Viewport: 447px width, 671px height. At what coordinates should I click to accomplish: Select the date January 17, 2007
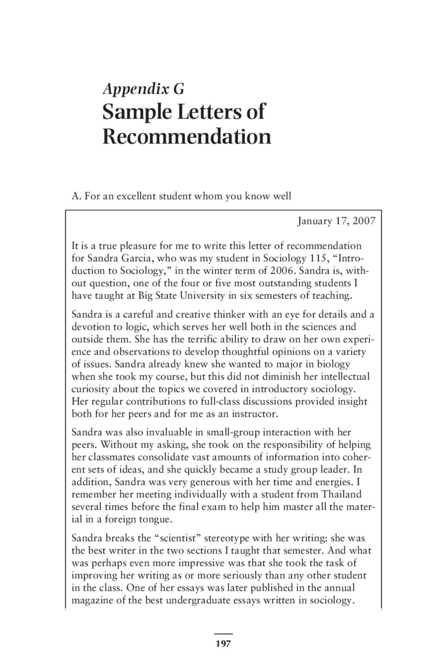[x=336, y=221]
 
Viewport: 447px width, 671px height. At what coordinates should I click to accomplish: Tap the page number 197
[x=223, y=643]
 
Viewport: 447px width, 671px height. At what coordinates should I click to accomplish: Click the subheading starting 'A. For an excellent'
[x=181, y=196]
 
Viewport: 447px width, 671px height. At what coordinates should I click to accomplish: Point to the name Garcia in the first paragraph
[x=138, y=258]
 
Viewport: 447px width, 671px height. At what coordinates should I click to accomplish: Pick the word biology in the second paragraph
[x=333, y=364]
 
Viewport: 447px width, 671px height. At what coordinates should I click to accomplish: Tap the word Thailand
[x=342, y=494]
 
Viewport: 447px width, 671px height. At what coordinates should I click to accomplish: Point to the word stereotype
[x=227, y=538]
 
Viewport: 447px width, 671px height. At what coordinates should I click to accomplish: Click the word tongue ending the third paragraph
[x=156, y=519]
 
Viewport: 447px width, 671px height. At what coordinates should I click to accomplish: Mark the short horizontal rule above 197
[x=223, y=634]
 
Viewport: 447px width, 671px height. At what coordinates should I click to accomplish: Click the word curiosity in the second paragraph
[x=90, y=389]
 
